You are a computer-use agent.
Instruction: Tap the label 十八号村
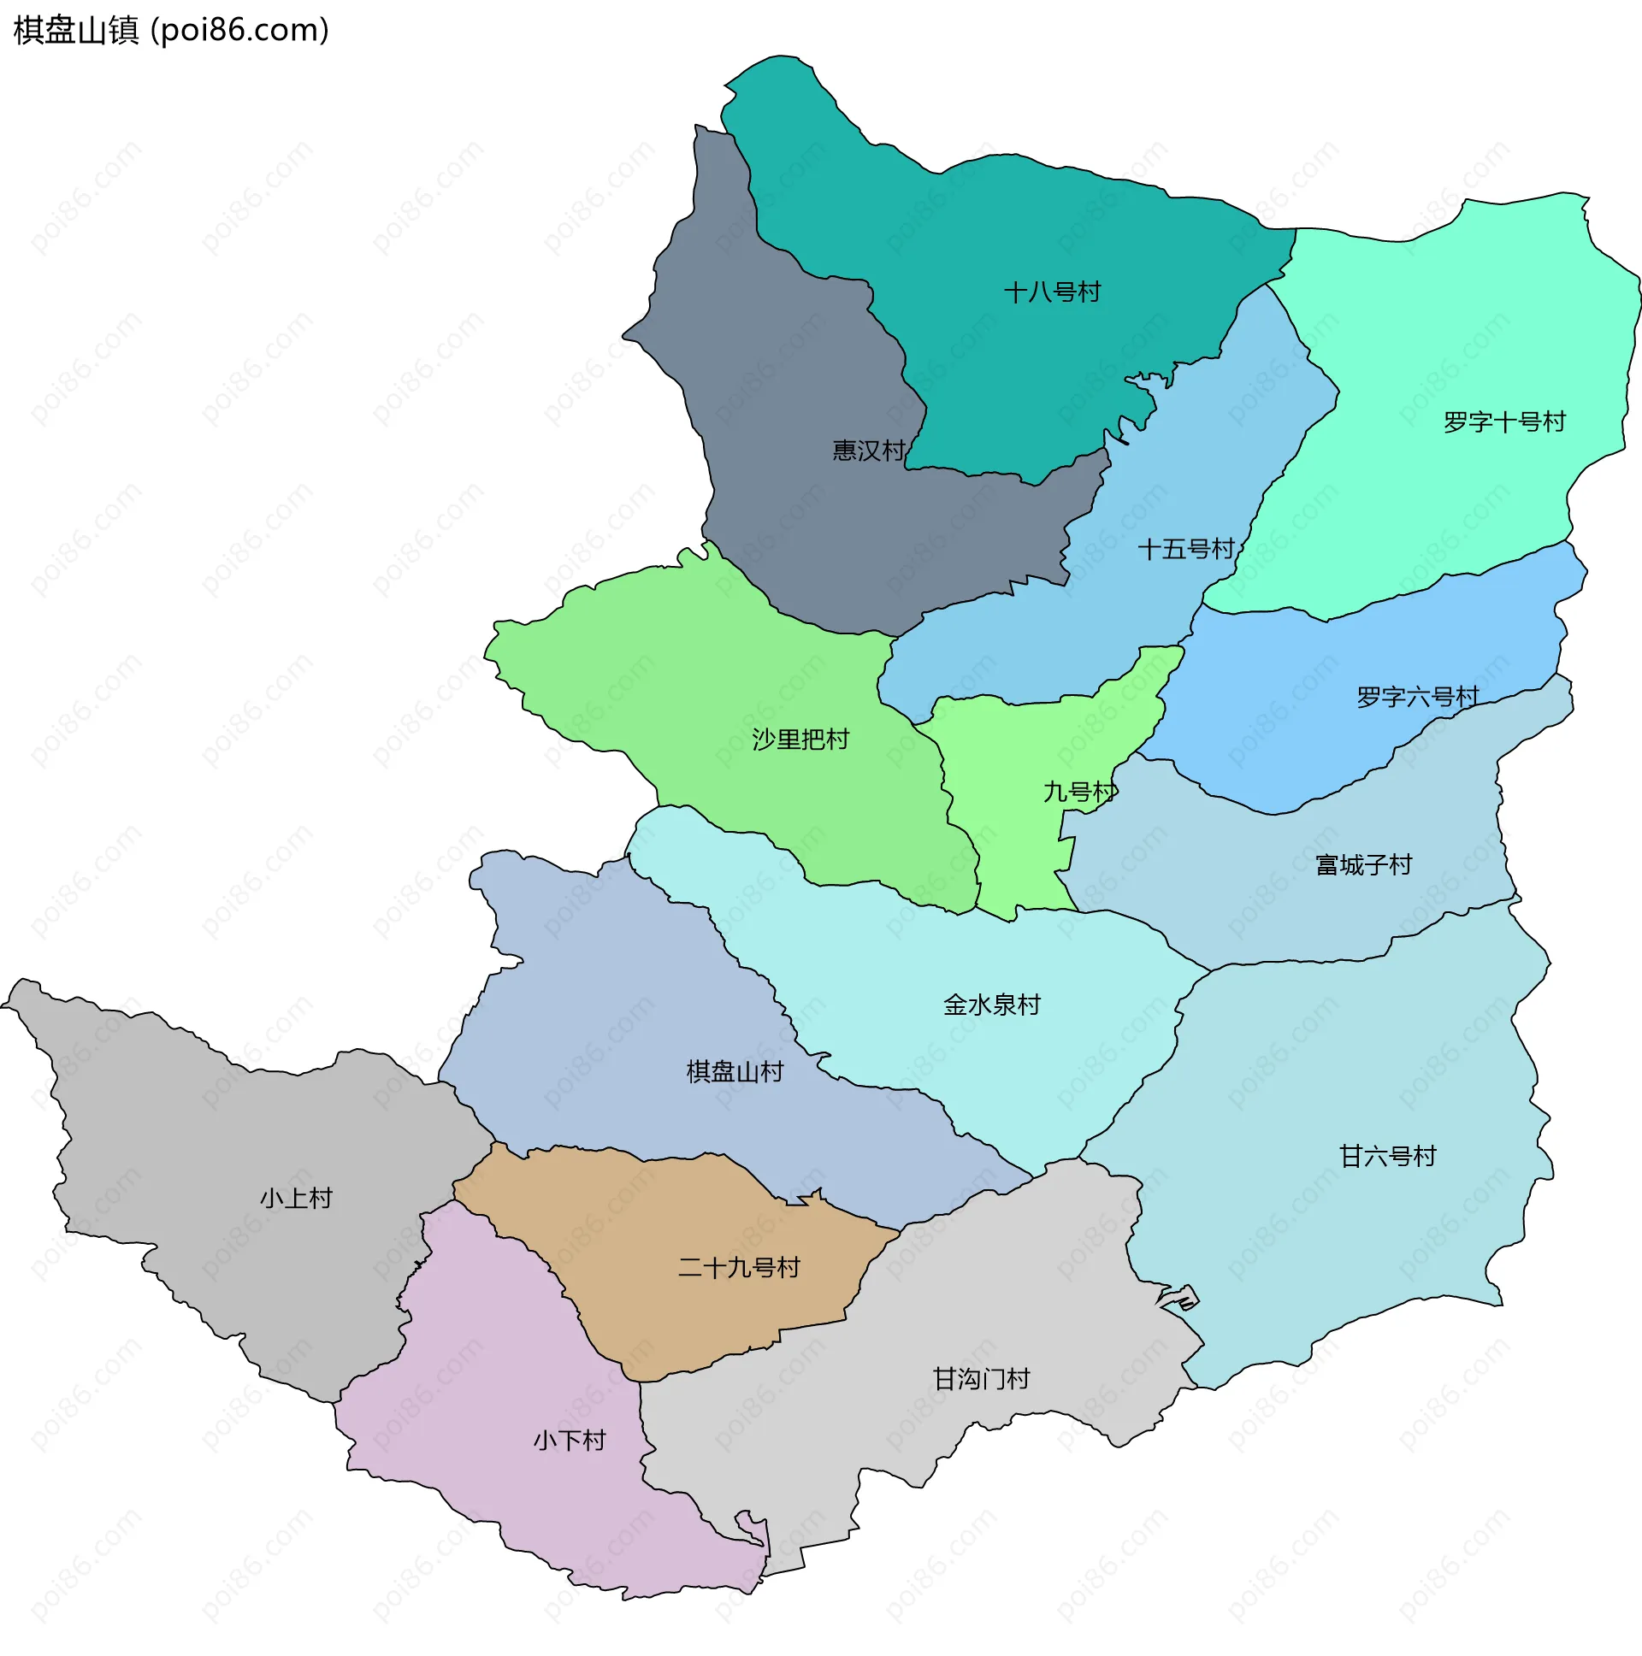click(x=1051, y=292)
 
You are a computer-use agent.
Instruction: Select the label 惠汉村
click(x=868, y=451)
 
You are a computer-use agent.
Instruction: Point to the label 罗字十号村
click(x=1504, y=421)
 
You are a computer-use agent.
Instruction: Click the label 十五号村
click(x=1185, y=549)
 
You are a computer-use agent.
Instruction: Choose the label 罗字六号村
click(x=1417, y=697)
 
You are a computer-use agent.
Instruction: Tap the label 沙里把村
click(x=800, y=739)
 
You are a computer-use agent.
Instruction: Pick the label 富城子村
click(x=1363, y=865)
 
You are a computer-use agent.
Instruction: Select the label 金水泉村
click(x=991, y=1005)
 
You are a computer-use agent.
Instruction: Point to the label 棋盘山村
click(x=735, y=1071)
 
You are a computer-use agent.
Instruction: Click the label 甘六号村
click(x=1387, y=1156)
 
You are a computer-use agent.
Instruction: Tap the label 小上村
click(x=296, y=1199)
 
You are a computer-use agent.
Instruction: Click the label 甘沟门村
click(x=981, y=1379)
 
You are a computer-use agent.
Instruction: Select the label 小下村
click(x=570, y=1440)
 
